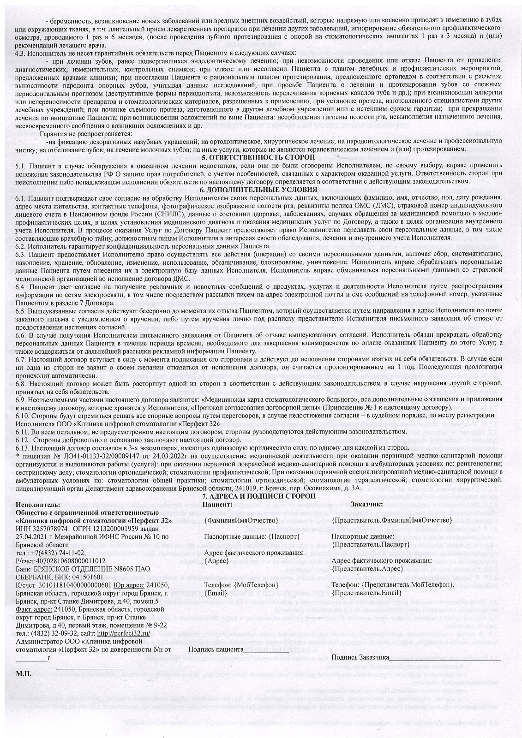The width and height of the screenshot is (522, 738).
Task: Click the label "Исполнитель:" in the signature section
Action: coord(38,504)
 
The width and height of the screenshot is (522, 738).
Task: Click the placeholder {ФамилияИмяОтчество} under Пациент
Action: coord(241,520)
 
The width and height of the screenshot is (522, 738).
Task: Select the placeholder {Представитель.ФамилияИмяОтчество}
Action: coord(391,520)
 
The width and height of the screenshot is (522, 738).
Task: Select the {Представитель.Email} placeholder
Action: coord(366,592)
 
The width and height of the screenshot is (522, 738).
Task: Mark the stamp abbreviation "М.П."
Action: coord(24,673)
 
